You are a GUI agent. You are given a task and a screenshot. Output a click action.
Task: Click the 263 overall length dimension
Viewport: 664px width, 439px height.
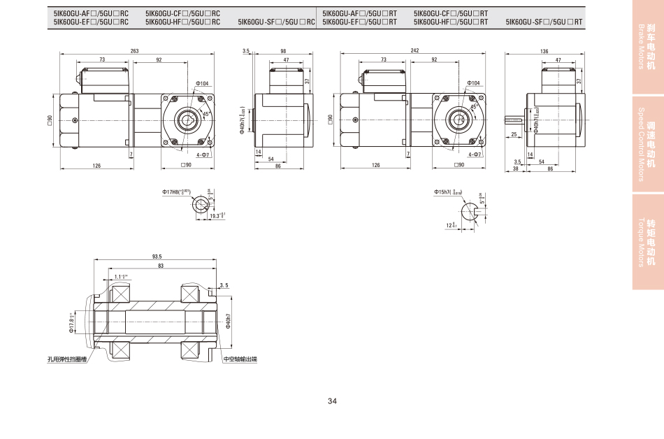(x=134, y=51)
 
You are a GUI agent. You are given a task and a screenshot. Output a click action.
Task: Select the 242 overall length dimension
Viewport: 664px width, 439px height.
(x=414, y=51)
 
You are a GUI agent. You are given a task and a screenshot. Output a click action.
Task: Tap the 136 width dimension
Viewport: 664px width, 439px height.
(x=544, y=51)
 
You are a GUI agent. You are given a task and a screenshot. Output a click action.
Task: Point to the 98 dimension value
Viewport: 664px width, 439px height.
(x=283, y=51)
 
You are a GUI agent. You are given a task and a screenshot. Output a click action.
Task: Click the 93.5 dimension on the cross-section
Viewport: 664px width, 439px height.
(x=157, y=257)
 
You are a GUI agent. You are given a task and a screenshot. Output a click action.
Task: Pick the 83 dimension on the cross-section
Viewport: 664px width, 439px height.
(x=161, y=266)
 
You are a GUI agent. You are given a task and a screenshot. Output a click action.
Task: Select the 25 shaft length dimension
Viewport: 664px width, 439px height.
(x=514, y=134)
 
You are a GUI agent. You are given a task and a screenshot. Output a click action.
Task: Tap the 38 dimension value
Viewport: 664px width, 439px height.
(x=516, y=168)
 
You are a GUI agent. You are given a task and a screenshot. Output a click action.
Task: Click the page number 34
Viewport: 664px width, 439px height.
(x=332, y=401)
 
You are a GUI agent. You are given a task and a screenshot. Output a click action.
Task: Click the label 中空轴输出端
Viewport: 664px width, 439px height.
(x=240, y=359)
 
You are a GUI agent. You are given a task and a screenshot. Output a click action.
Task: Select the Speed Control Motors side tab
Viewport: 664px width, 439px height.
(x=647, y=144)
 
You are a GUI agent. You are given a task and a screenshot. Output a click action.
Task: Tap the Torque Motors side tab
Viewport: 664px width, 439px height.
(x=647, y=242)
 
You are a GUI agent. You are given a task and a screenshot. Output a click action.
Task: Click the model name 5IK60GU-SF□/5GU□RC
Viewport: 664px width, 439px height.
(x=277, y=22)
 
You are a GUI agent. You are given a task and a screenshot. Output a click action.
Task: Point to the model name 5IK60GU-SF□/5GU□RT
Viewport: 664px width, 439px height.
(x=544, y=22)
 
